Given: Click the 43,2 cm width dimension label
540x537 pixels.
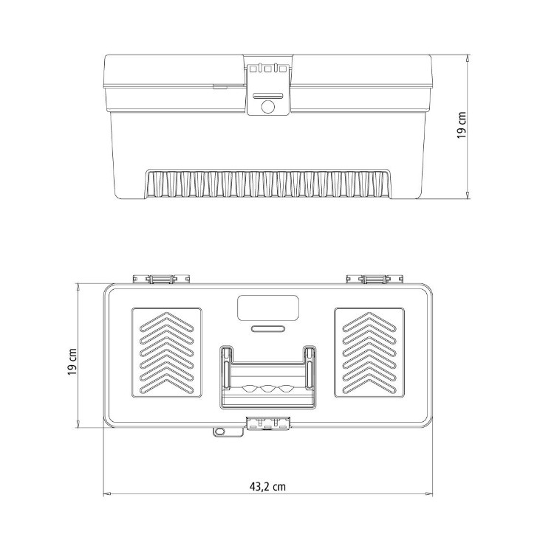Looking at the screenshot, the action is (x=267, y=486).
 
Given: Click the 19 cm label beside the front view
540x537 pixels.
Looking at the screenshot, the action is (x=462, y=125).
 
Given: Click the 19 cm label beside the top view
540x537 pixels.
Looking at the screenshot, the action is (x=72, y=362).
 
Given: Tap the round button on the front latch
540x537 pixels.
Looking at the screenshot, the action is (x=268, y=107).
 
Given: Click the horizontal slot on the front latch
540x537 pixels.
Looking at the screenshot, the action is (x=268, y=96).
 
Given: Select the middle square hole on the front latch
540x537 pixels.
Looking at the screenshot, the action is (x=268, y=69).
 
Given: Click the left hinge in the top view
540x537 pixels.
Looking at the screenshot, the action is (x=162, y=279).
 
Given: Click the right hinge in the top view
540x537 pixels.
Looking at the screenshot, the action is (x=375, y=279).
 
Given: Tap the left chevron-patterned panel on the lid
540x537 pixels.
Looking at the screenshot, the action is (x=167, y=353).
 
